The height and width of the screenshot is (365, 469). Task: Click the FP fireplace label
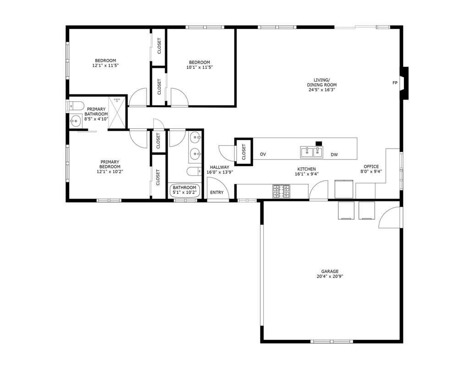click(395, 83)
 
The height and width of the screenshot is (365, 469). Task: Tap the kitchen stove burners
click(281, 191)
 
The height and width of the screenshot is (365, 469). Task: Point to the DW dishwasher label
click(334, 155)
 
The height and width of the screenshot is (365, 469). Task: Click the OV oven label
click(263, 155)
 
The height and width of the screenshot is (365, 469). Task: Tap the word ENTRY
click(217, 193)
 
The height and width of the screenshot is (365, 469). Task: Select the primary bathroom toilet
click(75, 105)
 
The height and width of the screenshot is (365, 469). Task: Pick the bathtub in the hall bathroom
click(184, 190)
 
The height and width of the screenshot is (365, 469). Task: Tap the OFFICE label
click(371, 166)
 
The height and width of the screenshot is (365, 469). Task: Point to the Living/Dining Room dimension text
click(322, 90)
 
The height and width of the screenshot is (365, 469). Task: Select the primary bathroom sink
click(75, 122)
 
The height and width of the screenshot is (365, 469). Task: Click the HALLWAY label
click(219, 167)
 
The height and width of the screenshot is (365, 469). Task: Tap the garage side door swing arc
click(389, 217)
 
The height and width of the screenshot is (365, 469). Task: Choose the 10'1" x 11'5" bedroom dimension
click(199, 67)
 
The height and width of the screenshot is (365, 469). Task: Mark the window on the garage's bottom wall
click(331, 342)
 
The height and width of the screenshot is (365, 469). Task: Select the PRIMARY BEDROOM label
click(110, 164)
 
